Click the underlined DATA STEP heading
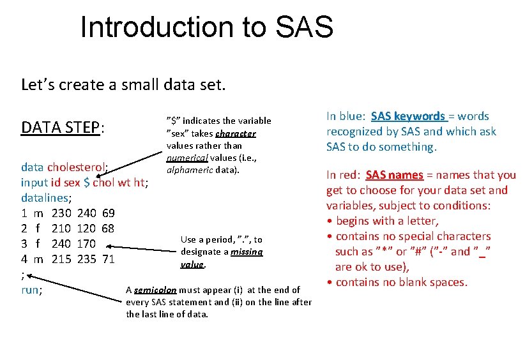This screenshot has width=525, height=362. point(63,128)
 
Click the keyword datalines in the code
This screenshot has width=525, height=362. point(44,198)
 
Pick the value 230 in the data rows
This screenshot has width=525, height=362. point(61,213)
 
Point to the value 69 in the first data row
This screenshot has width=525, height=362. point(108,213)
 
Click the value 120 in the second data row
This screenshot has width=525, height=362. point(86,229)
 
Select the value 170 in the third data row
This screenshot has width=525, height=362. point(86,244)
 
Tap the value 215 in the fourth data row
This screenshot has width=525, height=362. point(61,259)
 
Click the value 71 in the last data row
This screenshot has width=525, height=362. point(108,259)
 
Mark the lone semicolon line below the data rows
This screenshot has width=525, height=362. point(23,275)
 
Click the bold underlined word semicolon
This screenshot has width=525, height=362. point(155,290)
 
